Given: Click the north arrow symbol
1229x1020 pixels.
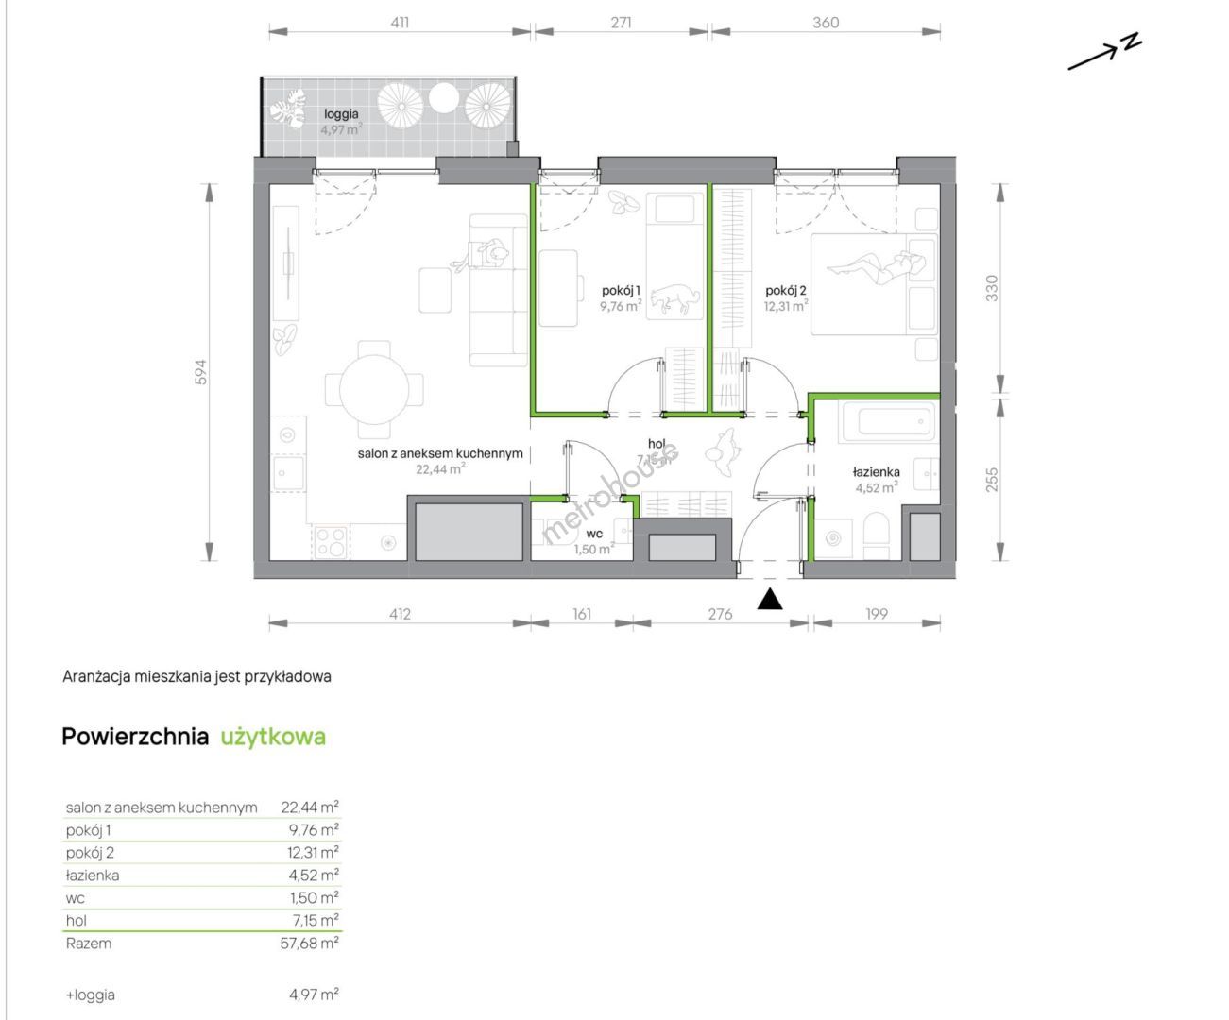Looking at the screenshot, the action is pyautogui.click(x=1104, y=52).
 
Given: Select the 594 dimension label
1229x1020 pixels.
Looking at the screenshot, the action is pyautogui.click(x=201, y=372).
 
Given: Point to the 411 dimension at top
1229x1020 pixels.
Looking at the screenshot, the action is pyautogui.click(x=400, y=23).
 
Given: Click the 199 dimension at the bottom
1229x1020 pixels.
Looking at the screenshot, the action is pyautogui.click(x=877, y=614).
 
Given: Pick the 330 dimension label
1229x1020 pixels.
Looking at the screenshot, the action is pyautogui.click(x=992, y=288).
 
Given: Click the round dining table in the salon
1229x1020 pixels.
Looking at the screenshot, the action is pyautogui.click(x=374, y=390).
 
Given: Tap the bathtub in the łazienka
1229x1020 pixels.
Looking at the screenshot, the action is pyautogui.click(x=888, y=422).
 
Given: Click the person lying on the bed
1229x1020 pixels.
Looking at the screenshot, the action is pyautogui.click(x=874, y=268).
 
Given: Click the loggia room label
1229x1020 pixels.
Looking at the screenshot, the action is pyautogui.click(x=341, y=114).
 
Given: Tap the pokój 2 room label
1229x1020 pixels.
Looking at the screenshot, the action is pyautogui.click(x=786, y=290).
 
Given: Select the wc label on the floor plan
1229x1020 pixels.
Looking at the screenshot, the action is pyautogui.click(x=594, y=534).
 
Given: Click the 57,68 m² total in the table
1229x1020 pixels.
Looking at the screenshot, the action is pyautogui.click(x=310, y=943).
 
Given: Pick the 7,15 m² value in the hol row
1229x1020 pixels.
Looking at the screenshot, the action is pyautogui.click(x=314, y=921).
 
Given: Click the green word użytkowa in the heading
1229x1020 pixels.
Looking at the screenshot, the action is pyautogui.click(x=273, y=737).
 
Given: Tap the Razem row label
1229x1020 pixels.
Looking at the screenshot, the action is pyautogui.click(x=88, y=943).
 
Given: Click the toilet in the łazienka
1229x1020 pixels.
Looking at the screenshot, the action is pyautogui.click(x=877, y=534).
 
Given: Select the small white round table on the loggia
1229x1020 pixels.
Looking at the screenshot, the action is pyautogui.click(x=444, y=97).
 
